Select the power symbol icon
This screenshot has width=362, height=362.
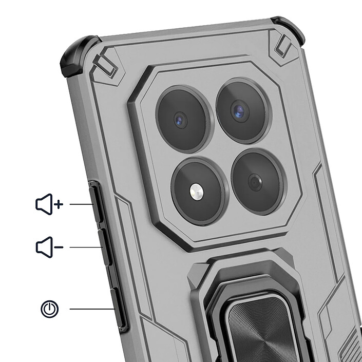50,309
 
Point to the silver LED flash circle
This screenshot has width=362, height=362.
196,192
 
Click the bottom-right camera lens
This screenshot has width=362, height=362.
255,182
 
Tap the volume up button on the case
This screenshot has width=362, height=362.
96,204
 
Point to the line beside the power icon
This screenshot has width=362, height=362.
91,309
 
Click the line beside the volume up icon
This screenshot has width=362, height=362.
80,204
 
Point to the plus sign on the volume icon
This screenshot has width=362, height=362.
59,204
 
